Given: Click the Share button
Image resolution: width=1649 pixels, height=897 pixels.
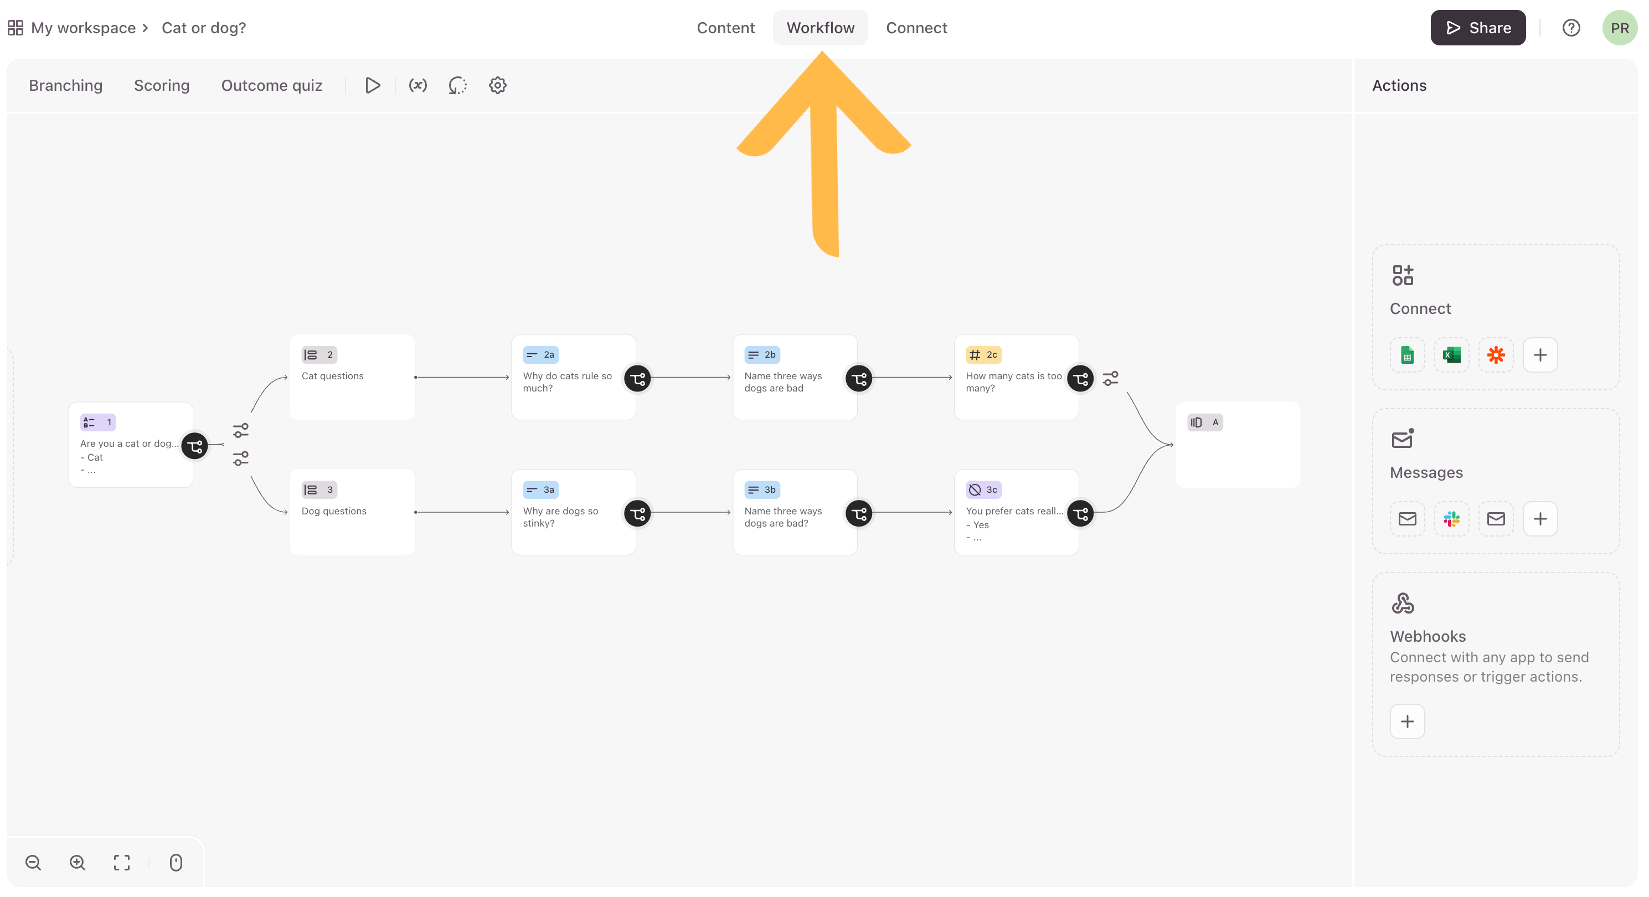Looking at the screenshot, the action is point(1477,28).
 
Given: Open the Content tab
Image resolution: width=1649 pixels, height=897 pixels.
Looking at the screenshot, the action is point(725,28).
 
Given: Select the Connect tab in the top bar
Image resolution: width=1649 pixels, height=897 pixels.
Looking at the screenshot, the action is point(916,28).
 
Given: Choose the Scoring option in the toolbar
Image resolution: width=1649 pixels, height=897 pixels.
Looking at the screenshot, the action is point(161,85).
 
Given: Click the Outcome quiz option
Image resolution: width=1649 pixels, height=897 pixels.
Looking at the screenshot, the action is point(271,85).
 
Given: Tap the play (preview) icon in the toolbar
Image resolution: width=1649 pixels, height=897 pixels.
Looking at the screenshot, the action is point(373,85).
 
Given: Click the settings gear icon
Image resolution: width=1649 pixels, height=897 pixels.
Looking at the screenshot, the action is point(497,85).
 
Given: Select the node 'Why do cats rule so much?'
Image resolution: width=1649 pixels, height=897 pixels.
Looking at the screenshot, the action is point(573,377).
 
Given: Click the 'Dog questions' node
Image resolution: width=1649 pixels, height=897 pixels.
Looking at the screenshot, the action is point(352,512).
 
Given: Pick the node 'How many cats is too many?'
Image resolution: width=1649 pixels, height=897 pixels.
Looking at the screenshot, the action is point(1016,377).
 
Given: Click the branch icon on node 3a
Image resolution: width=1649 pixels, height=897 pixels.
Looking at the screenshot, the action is point(637,513).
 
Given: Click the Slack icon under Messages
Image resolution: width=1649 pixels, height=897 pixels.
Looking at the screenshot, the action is point(1451,519).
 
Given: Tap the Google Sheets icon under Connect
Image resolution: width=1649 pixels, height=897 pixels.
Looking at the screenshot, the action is point(1407,355).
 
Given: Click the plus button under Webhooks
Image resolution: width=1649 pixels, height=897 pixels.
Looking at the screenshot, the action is point(1407,721).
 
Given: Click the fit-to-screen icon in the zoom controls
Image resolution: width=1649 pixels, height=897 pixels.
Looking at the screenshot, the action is point(122,863).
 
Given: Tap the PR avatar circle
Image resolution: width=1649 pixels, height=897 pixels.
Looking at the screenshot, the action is point(1620,28).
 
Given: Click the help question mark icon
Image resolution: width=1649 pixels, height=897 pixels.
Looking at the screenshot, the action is point(1571,28).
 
